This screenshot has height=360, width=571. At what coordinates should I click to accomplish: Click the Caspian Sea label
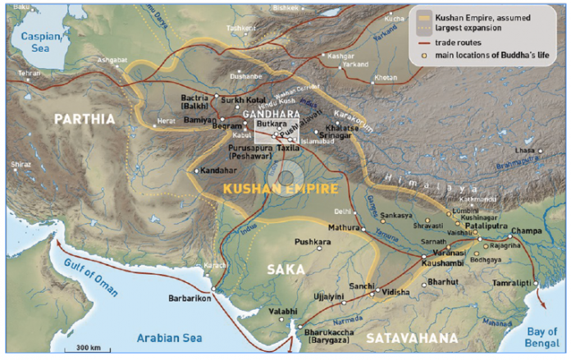[40, 42]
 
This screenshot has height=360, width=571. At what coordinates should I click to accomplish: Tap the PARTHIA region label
[85, 119]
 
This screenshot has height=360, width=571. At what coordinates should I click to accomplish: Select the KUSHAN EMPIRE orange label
[281, 189]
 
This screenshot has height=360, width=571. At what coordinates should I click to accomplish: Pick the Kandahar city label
[219, 171]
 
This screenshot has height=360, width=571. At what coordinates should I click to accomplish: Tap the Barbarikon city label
[194, 300]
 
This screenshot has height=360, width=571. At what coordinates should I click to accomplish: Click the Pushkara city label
[310, 243]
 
